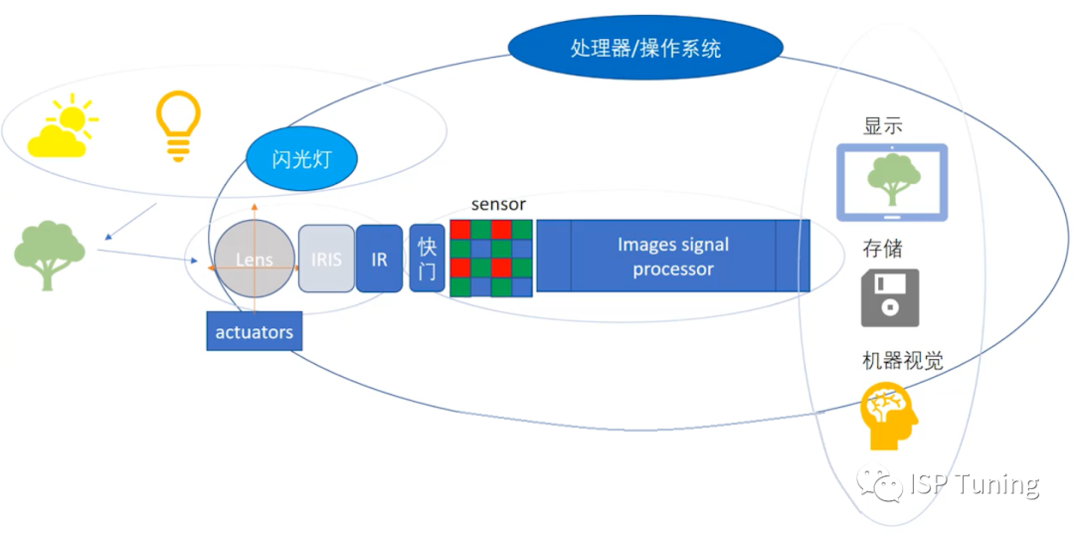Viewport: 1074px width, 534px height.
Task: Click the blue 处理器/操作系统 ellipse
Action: pos(645,47)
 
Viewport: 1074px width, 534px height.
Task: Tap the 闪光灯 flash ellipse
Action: pos(299,158)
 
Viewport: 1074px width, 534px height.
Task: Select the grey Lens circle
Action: pos(255,260)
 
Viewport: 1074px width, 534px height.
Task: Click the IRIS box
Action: pos(326,260)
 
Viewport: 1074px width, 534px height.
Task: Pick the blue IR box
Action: pos(379,260)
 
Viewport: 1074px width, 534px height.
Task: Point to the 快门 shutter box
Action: pos(427,259)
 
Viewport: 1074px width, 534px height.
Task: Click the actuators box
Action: pos(254,332)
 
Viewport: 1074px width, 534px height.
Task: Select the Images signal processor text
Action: pos(673,257)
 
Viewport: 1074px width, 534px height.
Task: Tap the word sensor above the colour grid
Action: pos(498,205)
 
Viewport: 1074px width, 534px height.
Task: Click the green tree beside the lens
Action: pos(49,255)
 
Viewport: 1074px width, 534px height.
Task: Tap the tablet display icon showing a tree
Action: pos(891,182)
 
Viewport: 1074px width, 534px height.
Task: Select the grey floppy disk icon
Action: pos(890,297)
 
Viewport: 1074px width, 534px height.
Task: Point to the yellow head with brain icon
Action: pos(888,416)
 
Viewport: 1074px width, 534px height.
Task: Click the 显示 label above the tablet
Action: pos(883,127)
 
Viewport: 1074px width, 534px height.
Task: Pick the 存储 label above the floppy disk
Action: pos(882,248)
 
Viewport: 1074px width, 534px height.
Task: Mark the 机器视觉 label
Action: pos(902,361)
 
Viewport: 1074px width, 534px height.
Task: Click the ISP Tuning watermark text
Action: pos(974,484)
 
